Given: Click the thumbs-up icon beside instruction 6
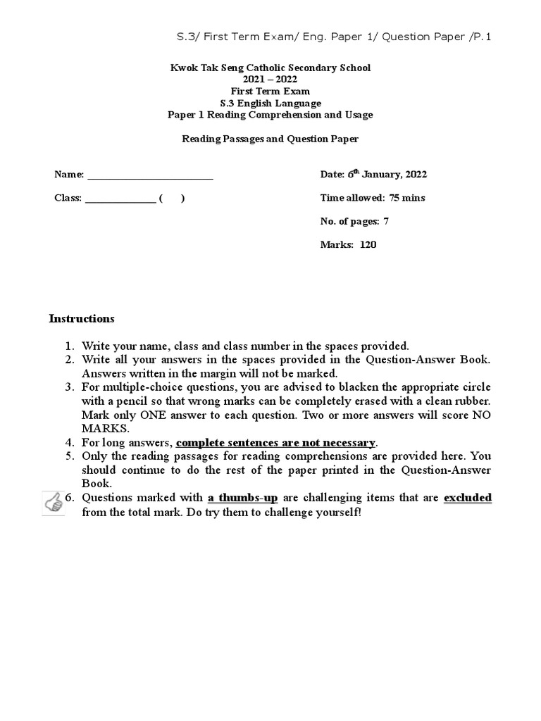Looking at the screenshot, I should (54, 503).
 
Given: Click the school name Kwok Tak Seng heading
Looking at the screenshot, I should (270, 68).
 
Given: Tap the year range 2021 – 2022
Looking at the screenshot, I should (270, 80).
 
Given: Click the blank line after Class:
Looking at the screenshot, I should (120, 199).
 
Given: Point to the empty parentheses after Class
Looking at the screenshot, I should (173, 199).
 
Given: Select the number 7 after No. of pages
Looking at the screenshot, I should (386, 222).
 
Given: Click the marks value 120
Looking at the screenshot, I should (369, 245).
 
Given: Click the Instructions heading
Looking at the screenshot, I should (82, 318).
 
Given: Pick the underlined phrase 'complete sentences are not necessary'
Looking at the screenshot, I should (276, 443).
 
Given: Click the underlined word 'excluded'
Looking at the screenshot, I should (468, 498).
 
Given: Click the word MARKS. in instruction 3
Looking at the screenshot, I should (106, 429).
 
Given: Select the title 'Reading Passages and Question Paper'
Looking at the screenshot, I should (270, 139).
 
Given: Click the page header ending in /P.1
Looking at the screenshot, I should (332, 37).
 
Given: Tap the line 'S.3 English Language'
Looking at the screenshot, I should (270, 103).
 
